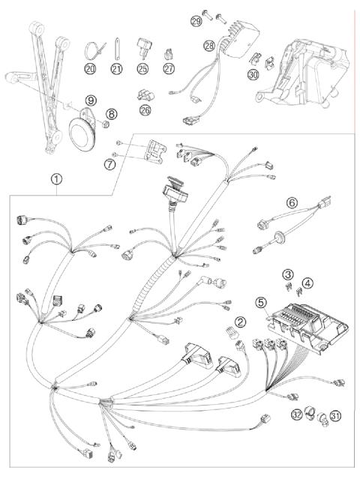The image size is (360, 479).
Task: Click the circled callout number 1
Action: coord(57,179)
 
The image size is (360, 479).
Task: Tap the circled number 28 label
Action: coord(209,46)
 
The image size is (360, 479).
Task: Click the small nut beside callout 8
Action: coord(106,124)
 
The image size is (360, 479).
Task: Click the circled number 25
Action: coord(142,69)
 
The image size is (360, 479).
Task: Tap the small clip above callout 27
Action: coord(169,55)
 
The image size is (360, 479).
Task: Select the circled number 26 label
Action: coord(145,109)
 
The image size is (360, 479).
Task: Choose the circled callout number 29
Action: coord(196,21)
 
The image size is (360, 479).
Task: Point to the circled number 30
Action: coord(253,74)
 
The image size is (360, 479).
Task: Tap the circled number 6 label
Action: coord(292,202)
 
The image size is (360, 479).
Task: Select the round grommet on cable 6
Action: coord(279,236)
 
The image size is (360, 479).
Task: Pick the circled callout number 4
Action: coord(307,283)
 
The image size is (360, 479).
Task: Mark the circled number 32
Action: coord(296,415)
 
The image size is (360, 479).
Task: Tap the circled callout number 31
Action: coord(335,415)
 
